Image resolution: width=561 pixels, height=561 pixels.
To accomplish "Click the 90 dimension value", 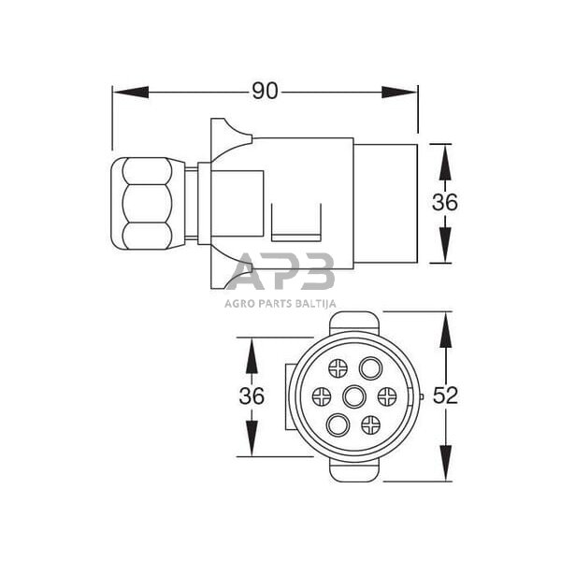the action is coord(265,92).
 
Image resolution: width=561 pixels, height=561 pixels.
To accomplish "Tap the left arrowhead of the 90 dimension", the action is coord(131,93).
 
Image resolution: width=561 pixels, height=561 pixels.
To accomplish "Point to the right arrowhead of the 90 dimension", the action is coord(399,93).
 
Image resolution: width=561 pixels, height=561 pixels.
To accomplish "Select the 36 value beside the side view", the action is coord(445,202).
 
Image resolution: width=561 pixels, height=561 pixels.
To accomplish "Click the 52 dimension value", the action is coord(445,396).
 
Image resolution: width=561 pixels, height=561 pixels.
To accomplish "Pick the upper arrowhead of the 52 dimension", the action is coord(446,330).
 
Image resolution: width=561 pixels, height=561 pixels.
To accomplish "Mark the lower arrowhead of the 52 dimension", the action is coord(446,463).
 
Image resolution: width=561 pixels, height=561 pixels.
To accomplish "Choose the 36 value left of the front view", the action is coord(252,396).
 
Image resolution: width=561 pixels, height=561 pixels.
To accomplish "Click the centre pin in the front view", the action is coord(354,396).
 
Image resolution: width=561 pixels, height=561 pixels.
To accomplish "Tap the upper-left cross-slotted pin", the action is coord(338,368).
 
